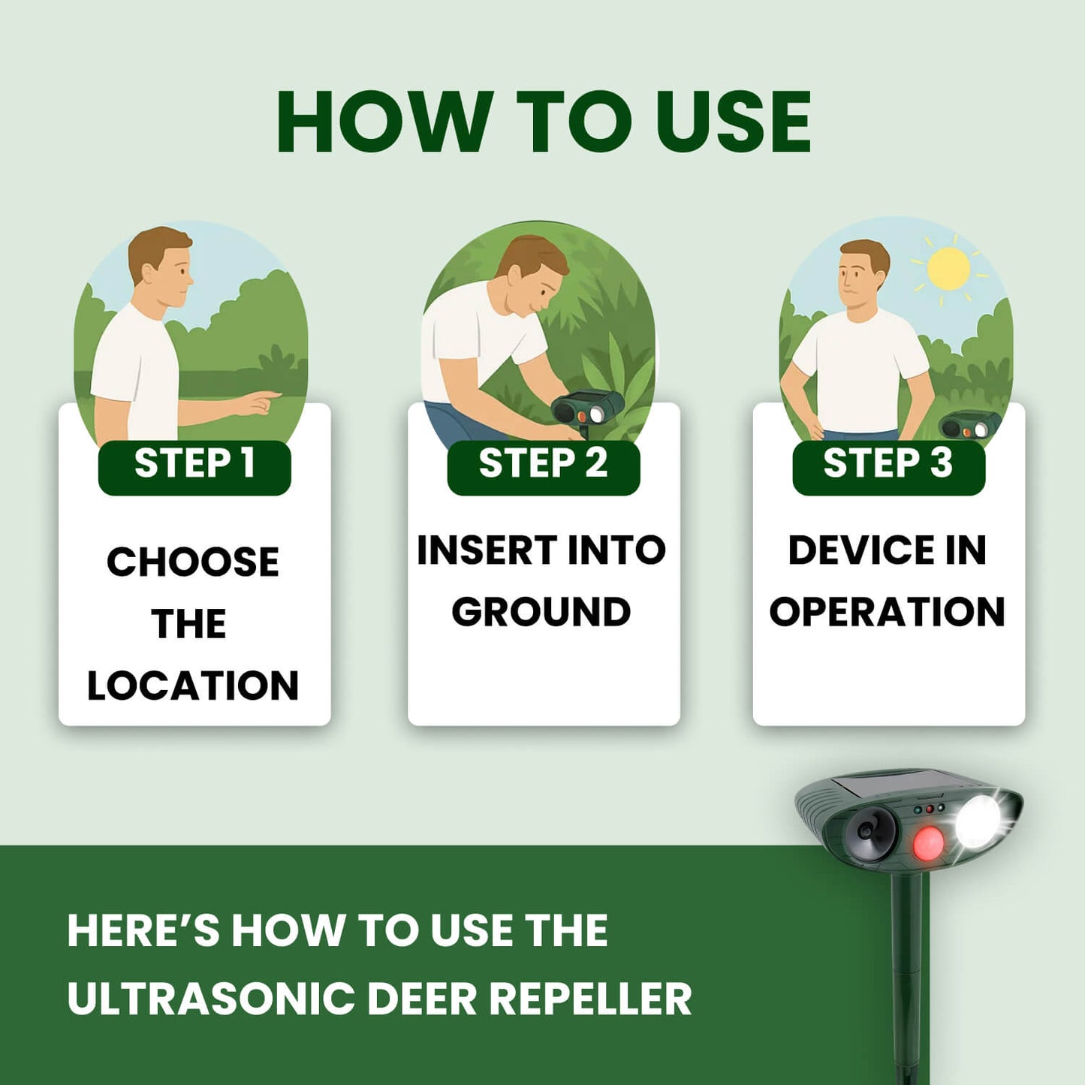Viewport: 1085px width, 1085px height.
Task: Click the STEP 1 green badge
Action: coord(194,466)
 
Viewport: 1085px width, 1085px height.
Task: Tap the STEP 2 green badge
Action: coord(543,466)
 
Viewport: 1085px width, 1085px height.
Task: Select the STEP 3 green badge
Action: coord(888,466)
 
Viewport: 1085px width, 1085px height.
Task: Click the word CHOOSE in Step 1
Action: coord(193,562)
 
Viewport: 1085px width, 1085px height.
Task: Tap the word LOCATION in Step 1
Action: coord(193,686)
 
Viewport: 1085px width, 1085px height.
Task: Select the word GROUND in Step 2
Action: coord(541,612)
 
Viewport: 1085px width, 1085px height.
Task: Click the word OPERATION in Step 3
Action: coord(887,612)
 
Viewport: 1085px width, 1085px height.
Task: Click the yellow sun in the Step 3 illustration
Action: coord(948,269)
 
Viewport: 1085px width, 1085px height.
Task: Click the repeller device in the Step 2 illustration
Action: coord(587,409)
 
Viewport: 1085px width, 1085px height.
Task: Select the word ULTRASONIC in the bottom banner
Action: coord(211,999)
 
